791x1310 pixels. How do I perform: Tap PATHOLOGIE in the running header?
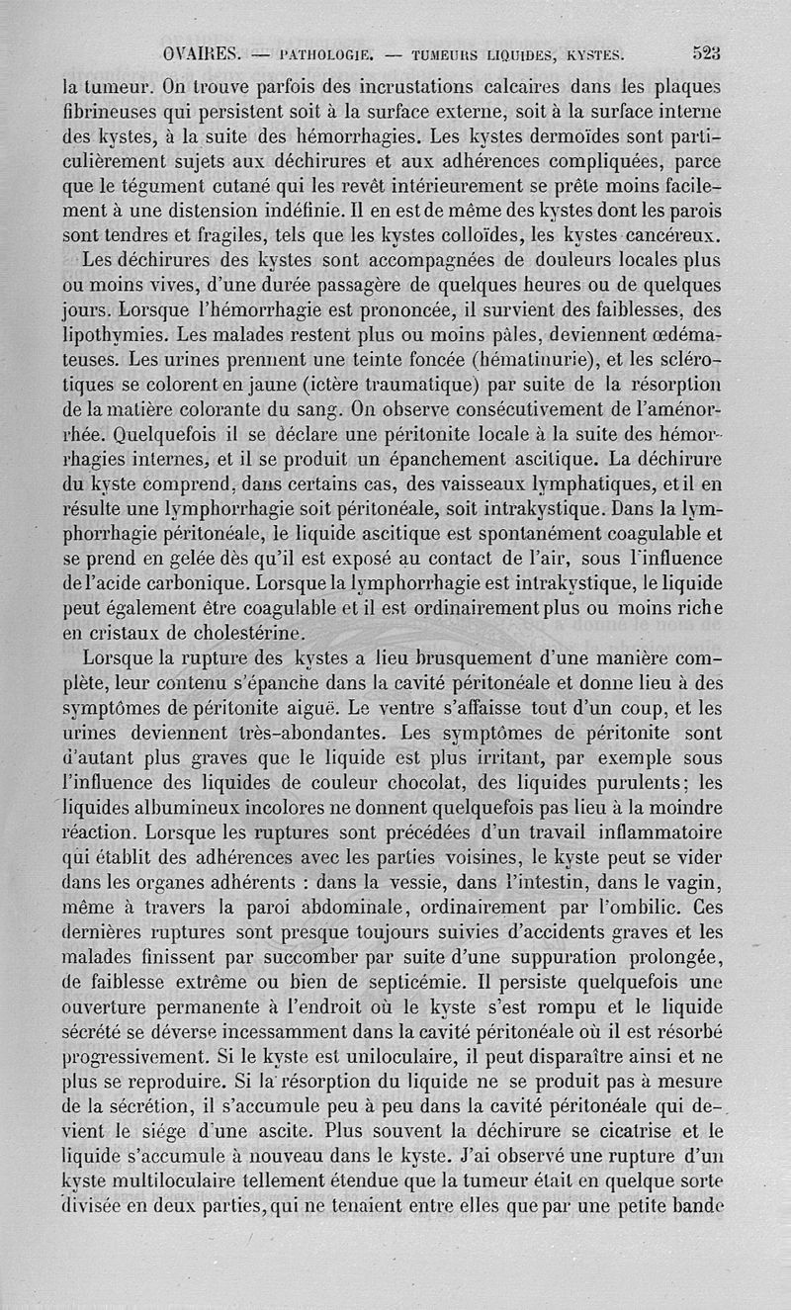[323, 54]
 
